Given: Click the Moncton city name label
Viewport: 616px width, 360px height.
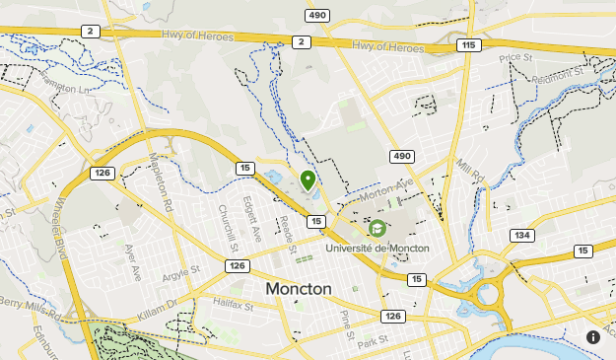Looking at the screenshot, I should coord(299,289).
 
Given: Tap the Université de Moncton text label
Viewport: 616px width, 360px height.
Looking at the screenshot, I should coord(377,248).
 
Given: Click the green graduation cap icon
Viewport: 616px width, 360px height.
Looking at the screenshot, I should coord(376,229).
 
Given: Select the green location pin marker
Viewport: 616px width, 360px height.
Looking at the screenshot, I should coord(308,180).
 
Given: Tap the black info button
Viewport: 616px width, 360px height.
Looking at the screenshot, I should coord(593,336).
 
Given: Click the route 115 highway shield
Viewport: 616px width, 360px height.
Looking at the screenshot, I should coord(468,45).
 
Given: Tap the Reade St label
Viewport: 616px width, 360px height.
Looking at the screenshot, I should coord(288,234).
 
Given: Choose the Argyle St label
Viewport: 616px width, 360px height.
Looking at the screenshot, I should coord(180,269).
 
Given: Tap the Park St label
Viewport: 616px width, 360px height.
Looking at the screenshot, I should coord(374,342).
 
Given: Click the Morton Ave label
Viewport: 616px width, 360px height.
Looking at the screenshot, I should coord(385,190).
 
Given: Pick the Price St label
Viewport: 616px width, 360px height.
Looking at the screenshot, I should coord(514,58).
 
